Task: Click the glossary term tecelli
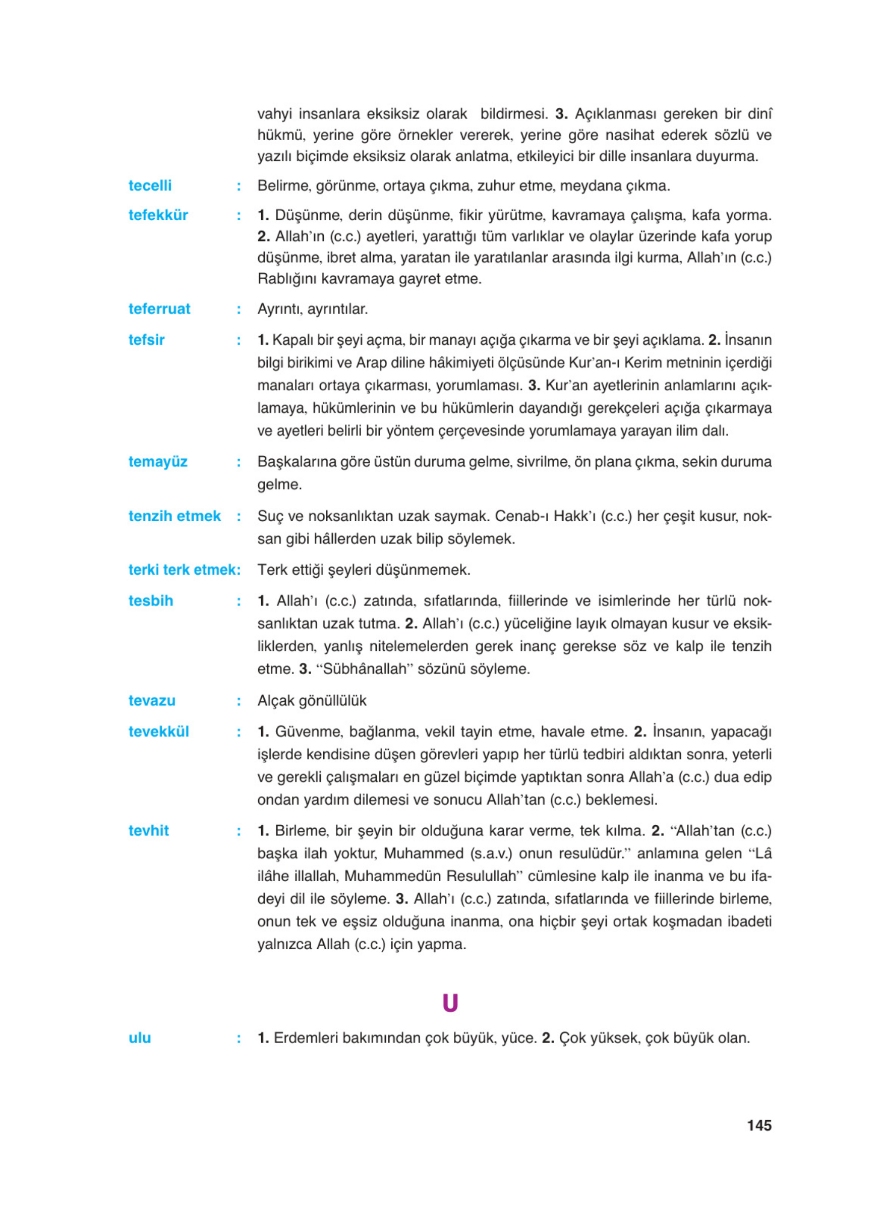coord(150,186)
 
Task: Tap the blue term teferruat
coord(159,309)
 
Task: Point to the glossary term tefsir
coord(146,339)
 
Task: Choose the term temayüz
coord(157,461)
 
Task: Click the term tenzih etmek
coord(174,516)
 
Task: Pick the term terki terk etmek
coord(184,570)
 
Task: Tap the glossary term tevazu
coord(151,700)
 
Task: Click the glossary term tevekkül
coord(158,731)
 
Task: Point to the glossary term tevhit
coord(148,830)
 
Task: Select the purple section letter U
coord(450,1003)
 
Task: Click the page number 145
coord(759,1126)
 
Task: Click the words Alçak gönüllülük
coord(312,700)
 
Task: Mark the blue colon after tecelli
coord(239,187)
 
